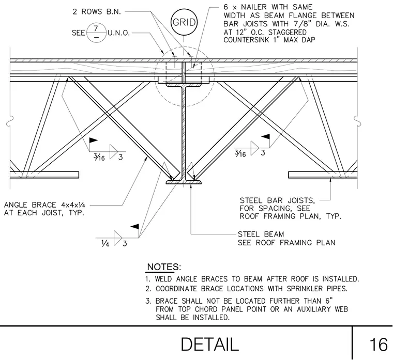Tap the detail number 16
click(x=378, y=345)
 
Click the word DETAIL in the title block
click(x=209, y=345)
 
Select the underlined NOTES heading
click(x=163, y=267)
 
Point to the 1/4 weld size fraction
click(x=105, y=243)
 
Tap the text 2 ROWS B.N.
click(x=97, y=11)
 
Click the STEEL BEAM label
click(x=261, y=234)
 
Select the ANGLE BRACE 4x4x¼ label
click(x=44, y=205)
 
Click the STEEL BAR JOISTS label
click(x=277, y=200)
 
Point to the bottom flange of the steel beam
click(x=184, y=182)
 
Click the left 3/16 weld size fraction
click(x=99, y=157)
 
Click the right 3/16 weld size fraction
click(x=240, y=153)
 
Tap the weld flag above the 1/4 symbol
click(x=135, y=227)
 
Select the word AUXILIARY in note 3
click(x=314, y=309)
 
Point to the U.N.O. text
click(x=119, y=33)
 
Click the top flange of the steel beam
click(x=184, y=85)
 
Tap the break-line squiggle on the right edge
click(x=357, y=121)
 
